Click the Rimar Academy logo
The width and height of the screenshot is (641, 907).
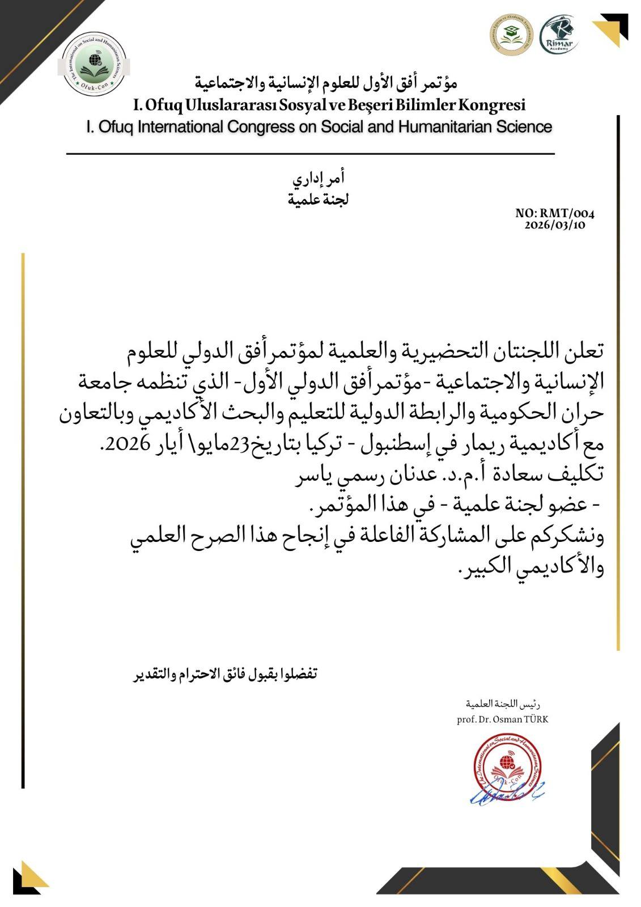click(558, 35)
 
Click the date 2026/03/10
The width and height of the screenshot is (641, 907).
click(555, 224)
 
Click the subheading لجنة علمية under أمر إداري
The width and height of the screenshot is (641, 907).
click(319, 200)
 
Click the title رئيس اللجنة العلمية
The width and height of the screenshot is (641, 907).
click(503, 704)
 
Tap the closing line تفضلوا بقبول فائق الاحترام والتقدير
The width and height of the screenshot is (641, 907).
click(226, 674)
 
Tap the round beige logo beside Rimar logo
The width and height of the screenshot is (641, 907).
click(512, 35)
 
